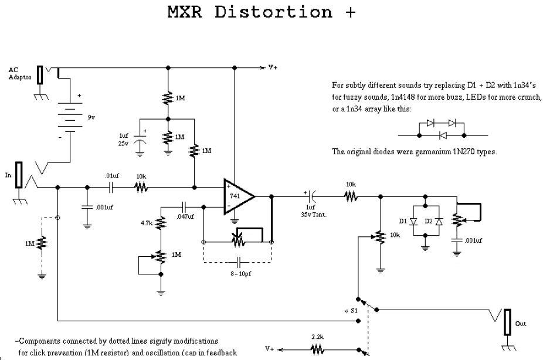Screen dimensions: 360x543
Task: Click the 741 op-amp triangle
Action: tap(237, 196)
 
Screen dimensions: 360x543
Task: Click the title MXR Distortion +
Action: tap(262, 12)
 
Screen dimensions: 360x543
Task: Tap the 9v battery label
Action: tap(91, 117)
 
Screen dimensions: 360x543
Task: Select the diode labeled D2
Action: tap(439, 221)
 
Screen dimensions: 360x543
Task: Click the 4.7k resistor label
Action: tap(146, 223)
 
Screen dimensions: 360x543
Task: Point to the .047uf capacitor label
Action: tap(185, 216)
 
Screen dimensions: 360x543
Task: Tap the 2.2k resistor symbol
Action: tap(317, 349)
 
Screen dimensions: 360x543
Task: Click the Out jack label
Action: tap(520, 324)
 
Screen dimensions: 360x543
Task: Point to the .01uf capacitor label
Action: tap(112, 176)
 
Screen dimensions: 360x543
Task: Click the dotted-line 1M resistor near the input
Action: tap(42, 243)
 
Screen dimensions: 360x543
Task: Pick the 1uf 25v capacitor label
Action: tap(124, 139)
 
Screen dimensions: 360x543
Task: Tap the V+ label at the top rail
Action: tap(273, 67)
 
